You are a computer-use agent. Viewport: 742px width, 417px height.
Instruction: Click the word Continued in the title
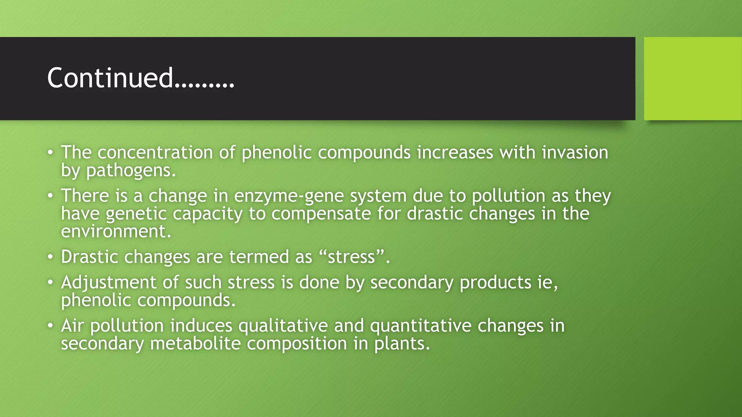(111, 78)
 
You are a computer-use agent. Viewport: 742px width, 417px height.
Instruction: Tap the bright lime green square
(692, 78)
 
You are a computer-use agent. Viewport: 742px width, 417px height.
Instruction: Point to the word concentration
(155, 152)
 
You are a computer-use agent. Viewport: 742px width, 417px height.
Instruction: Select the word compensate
(321, 214)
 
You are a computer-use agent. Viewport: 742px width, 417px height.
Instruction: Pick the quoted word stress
(351, 257)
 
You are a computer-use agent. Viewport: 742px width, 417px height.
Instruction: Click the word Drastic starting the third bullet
(89, 257)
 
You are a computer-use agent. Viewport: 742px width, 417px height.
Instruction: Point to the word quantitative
(420, 325)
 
